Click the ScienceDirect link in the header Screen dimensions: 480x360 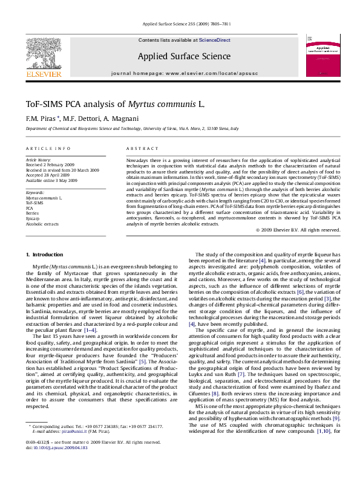point(215,40)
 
